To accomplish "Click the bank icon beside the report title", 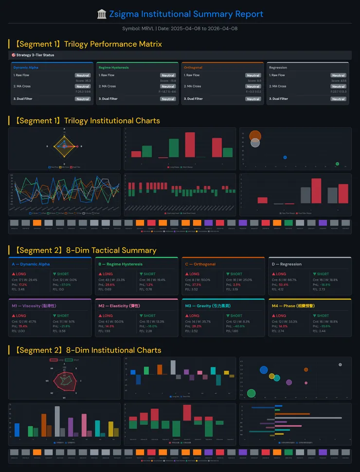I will [x=102, y=14].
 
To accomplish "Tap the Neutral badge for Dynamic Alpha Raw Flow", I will [x=83, y=75].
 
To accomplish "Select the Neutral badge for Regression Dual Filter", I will [x=338, y=99].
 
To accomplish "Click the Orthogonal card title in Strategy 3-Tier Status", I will [x=193, y=68].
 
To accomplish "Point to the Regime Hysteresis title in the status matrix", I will [x=113, y=68].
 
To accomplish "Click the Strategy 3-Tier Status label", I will [x=35, y=55].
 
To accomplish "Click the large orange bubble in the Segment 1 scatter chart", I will [x=255, y=136].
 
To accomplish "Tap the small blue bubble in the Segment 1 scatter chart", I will [x=285, y=157].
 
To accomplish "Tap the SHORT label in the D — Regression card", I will [x=323, y=274].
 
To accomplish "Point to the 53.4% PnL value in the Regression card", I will [x=283, y=285].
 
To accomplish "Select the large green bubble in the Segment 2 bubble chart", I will [x=251, y=393].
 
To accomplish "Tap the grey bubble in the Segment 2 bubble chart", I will [x=340, y=364].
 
